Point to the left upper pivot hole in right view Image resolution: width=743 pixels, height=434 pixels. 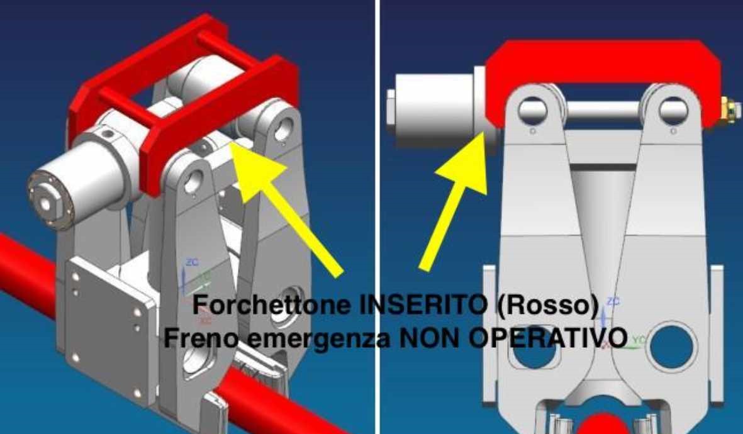pos(532,111)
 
